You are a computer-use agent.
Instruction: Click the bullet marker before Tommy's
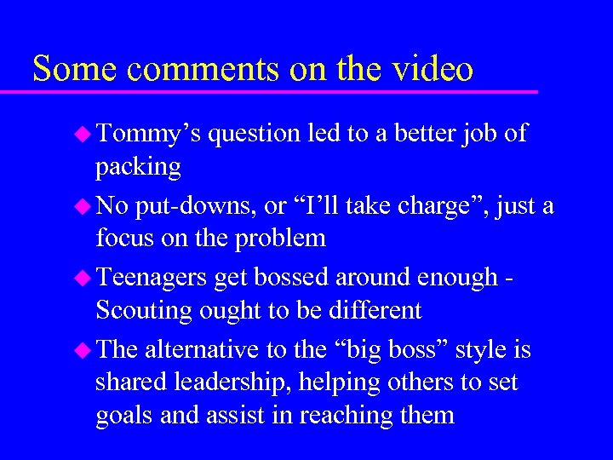click(83, 133)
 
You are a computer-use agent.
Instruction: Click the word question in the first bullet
click(253, 135)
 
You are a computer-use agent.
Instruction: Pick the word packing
click(138, 167)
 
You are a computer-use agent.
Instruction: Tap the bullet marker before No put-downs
click(83, 205)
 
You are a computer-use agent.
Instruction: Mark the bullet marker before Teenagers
click(83, 278)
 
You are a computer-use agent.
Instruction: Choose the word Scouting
click(146, 310)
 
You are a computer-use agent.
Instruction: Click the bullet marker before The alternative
click(83, 349)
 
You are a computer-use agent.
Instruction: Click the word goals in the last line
click(122, 417)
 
